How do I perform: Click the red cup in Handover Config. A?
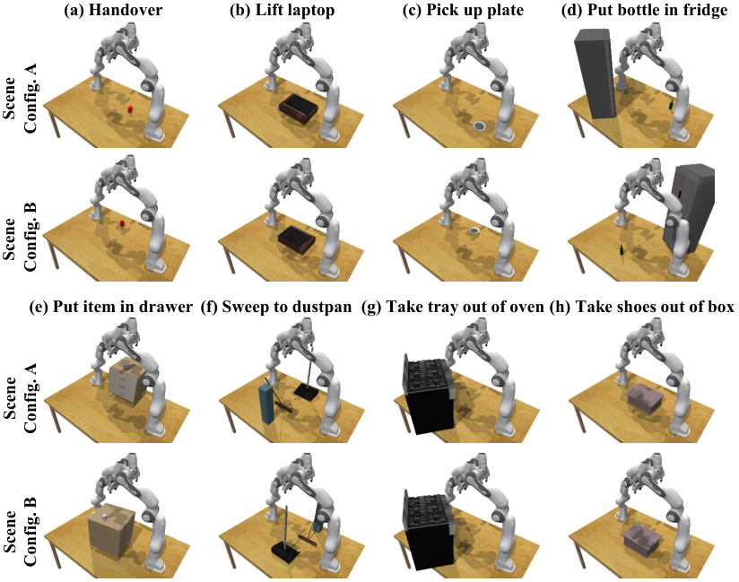[130, 109]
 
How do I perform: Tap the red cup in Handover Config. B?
[122, 223]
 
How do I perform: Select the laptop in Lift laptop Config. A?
[299, 109]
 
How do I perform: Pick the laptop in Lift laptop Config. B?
[297, 239]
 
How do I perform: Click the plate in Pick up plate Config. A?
[480, 126]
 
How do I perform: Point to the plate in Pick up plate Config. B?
[474, 230]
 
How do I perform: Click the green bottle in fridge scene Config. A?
[670, 105]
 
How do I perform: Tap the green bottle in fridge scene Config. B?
[622, 251]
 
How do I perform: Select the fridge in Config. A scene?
[595, 74]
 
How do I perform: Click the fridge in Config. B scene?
[689, 207]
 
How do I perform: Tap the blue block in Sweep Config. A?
[266, 404]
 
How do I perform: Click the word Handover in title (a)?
[125, 11]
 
